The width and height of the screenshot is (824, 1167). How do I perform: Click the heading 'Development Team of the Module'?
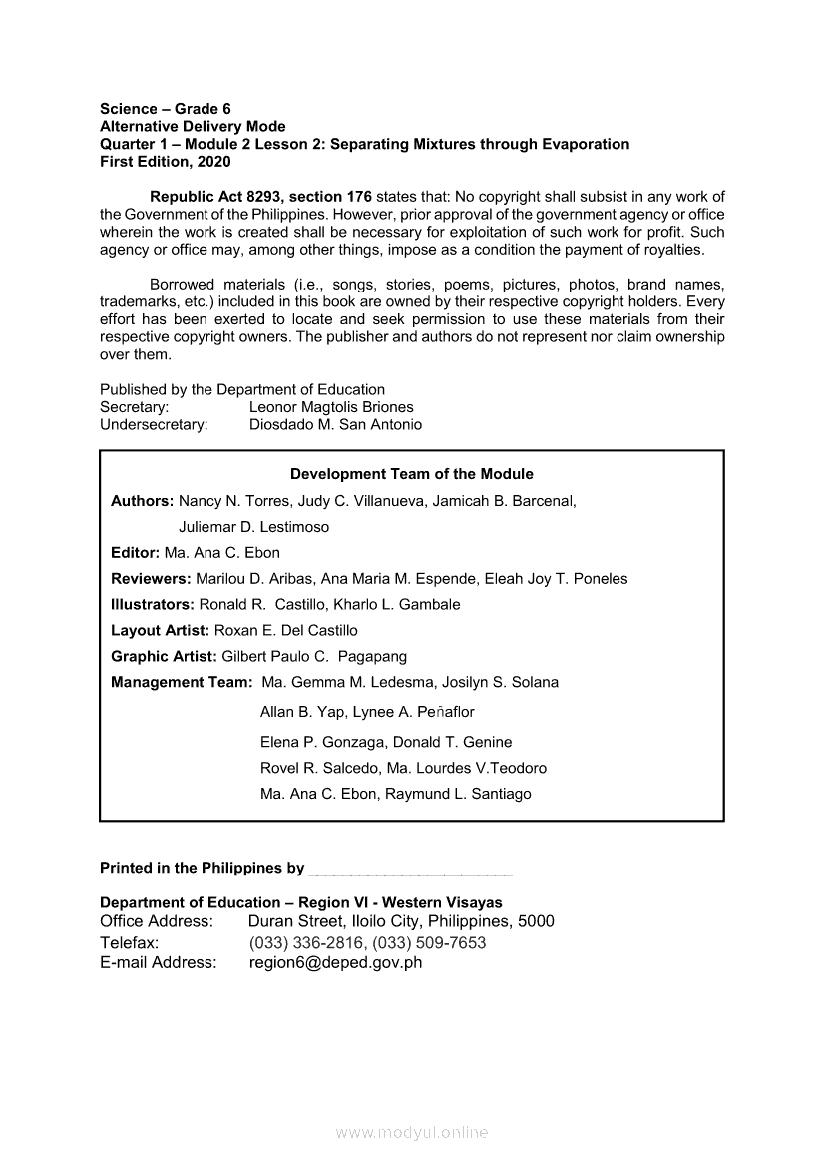click(x=411, y=474)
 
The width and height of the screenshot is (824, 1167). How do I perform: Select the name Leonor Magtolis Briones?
click(x=331, y=407)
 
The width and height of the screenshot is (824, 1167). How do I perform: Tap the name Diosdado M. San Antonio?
click(x=335, y=424)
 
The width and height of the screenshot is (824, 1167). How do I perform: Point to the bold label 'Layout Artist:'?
click(x=161, y=630)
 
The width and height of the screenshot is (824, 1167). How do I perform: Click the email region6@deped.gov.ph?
click(x=336, y=963)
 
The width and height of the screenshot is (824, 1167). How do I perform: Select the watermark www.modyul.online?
click(x=412, y=1132)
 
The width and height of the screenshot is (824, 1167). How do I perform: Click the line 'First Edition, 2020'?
click(x=165, y=161)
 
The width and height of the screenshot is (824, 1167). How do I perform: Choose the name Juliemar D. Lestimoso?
click(x=253, y=526)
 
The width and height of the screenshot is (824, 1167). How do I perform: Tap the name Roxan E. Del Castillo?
click(x=286, y=630)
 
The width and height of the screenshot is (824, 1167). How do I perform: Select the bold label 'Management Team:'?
click(x=182, y=682)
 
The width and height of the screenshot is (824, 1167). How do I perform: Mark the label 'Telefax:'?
click(x=130, y=943)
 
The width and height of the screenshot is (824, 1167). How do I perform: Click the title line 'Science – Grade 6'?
click(x=166, y=109)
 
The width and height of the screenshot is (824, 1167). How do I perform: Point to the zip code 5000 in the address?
click(x=536, y=921)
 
